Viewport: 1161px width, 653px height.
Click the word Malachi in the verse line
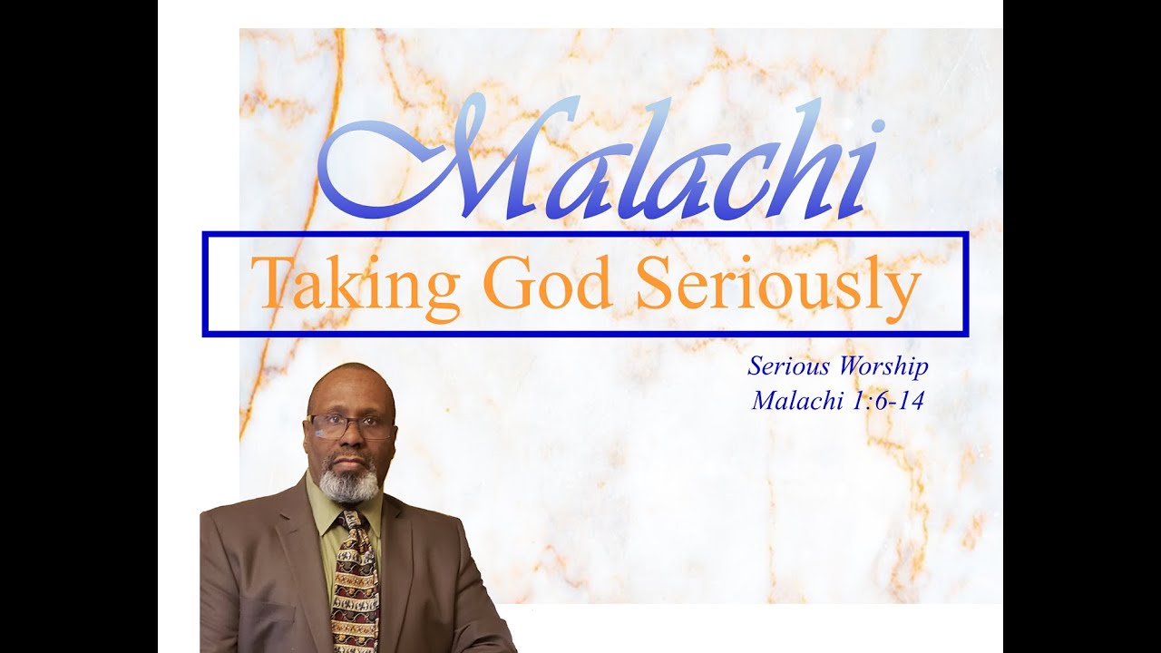click(x=797, y=401)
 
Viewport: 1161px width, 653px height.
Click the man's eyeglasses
click(x=350, y=425)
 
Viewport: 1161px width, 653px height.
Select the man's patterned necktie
click(x=355, y=590)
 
